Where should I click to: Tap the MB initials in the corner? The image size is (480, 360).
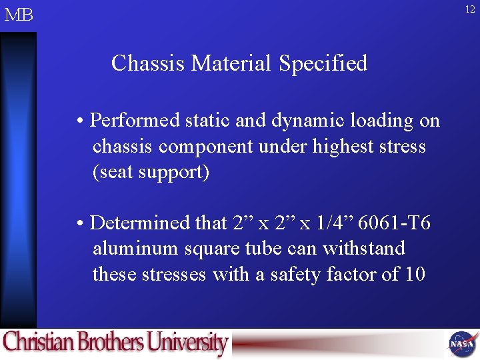point(19,15)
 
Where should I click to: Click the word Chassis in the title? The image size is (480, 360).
point(148,63)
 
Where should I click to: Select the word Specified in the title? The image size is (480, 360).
point(323,63)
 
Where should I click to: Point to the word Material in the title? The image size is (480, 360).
point(232,63)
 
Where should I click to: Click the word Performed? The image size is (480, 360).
point(135,121)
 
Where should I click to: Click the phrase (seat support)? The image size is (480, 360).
point(151,172)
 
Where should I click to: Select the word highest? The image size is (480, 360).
point(344,147)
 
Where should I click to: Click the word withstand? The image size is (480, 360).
point(364,249)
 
